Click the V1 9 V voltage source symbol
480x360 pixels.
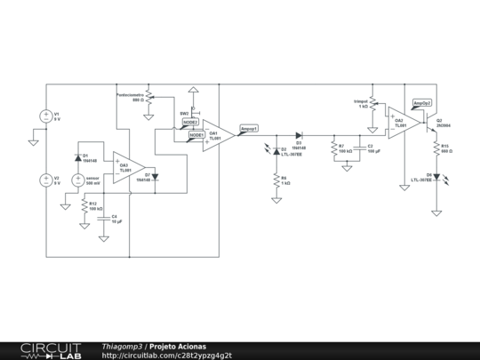pos(45,116)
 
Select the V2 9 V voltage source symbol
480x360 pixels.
pos(45,180)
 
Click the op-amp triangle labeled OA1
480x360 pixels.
pos(218,136)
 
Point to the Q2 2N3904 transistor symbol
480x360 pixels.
pos(430,119)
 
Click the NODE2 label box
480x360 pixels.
pos(191,123)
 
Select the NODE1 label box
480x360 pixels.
pos(196,135)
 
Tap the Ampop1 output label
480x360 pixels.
pos(250,129)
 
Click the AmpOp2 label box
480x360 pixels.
pos(422,102)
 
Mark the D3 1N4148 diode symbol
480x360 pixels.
pos(299,136)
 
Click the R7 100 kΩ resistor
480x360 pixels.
pos(333,148)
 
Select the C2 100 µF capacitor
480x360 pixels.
pos(360,148)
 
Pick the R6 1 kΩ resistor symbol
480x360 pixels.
pos(276,180)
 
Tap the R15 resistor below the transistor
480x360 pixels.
pos(436,148)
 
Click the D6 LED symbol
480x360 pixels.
pos(436,177)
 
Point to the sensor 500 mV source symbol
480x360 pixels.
pos(78,180)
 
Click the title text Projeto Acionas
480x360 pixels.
pos(177,346)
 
